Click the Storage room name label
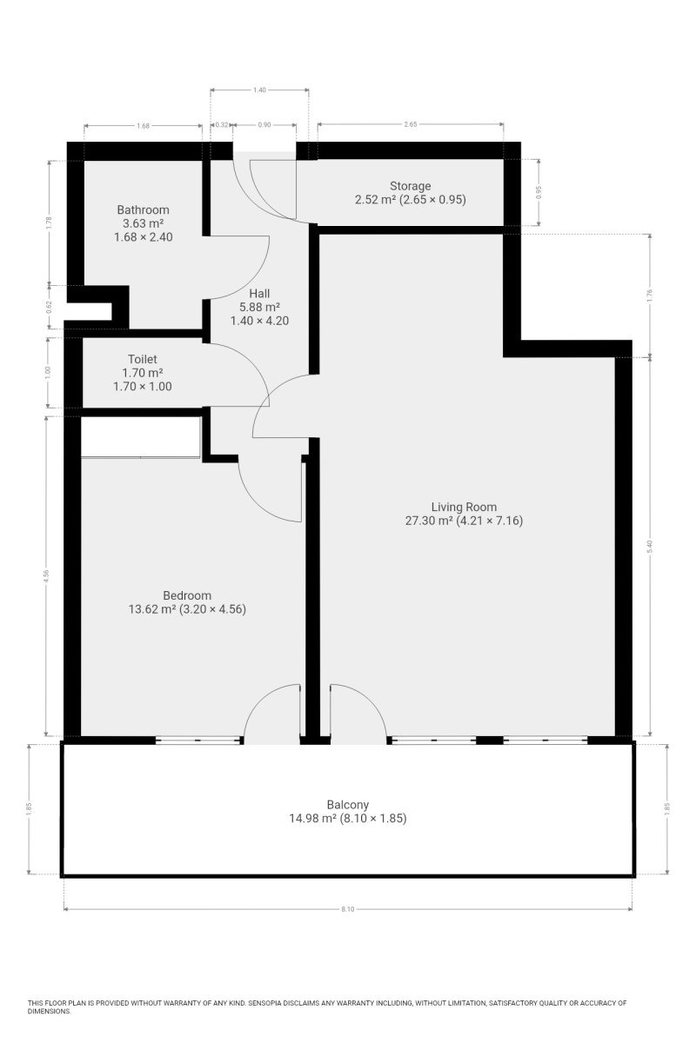pos(410,186)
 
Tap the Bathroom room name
pos(143,209)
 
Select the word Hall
pos(259,294)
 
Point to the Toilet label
pos(142,359)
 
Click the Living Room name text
pos(464,507)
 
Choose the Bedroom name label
pos(187,595)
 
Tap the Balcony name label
pos(348,805)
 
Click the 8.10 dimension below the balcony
pos(348,909)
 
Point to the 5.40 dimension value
pos(650,546)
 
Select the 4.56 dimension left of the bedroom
pos(46,576)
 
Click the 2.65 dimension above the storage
pos(411,124)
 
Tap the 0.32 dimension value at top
pos(222,124)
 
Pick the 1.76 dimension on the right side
pos(650,296)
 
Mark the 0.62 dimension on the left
pos(50,307)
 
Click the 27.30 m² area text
pos(429,521)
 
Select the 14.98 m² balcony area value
pos(313,819)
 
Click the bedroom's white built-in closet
pos(141,436)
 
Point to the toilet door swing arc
pos(254,363)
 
